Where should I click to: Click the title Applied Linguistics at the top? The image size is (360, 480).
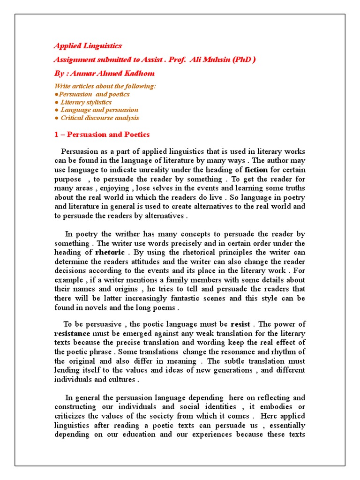88,46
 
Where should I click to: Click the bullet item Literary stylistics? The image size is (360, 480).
86,102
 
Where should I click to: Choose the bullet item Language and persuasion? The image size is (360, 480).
99,110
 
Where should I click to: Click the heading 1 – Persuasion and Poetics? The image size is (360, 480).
102,135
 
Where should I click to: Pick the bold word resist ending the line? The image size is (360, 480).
240,324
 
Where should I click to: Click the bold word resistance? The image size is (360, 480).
72,333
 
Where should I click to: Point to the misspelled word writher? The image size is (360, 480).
115,234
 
